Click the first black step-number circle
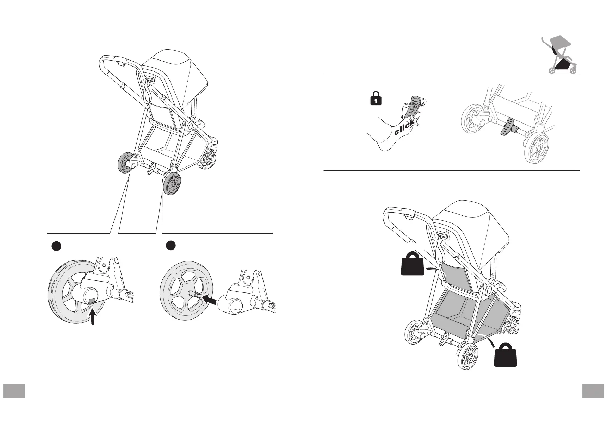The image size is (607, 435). tap(56, 246)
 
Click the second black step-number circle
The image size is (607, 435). tap(171, 245)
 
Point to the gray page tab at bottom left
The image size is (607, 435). tap(14, 391)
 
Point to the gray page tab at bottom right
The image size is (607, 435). tap(593, 391)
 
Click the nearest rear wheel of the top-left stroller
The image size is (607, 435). tap(172, 183)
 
